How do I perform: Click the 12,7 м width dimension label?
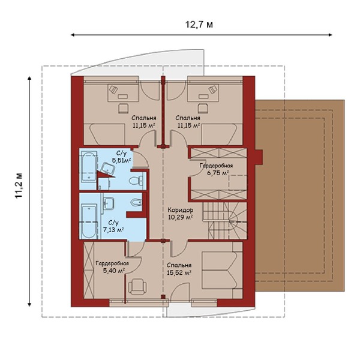point(199,25)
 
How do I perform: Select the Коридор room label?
point(180,210)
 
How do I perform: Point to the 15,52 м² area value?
point(179,273)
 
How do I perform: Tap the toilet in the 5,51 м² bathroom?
point(136,181)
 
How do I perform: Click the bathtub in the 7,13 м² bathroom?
point(88,221)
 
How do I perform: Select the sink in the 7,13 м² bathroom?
point(109,203)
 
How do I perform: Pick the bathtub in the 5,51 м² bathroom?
point(89,166)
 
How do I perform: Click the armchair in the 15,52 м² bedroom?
point(137,286)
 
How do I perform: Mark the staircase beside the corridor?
point(225,221)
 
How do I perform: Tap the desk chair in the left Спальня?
point(124,108)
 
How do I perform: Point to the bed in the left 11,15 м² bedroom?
point(107,134)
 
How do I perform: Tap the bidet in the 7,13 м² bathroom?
point(136,202)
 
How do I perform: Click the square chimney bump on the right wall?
point(259,157)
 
